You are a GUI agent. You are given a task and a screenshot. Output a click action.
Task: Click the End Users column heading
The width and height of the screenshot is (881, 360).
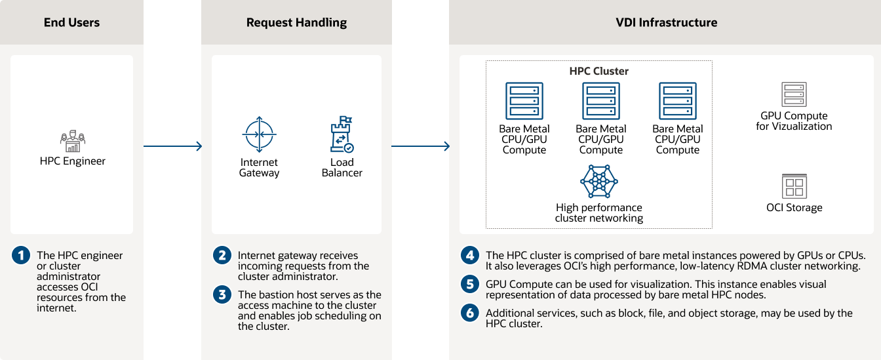click(71, 23)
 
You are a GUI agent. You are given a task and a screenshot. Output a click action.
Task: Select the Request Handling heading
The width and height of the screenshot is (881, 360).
click(296, 23)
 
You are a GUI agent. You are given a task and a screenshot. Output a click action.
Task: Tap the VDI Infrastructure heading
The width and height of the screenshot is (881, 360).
click(666, 23)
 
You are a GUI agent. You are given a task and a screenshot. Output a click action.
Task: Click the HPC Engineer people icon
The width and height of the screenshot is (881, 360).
click(72, 142)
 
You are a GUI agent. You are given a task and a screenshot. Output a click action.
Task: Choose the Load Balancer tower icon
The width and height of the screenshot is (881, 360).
click(342, 135)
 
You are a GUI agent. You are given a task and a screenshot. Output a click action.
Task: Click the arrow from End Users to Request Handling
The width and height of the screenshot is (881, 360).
click(172, 146)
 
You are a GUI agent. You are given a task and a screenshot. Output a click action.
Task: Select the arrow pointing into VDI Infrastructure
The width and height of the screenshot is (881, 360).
click(420, 146)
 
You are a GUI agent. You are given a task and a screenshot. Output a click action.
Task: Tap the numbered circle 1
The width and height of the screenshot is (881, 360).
click(21, 256)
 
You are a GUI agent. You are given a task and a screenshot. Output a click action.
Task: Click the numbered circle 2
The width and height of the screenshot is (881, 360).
click(223, 256)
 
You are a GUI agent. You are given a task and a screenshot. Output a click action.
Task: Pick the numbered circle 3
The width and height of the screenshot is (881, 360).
click(223, 295)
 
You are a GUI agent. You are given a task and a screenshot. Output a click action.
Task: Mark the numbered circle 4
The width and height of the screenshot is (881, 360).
click(469, 256)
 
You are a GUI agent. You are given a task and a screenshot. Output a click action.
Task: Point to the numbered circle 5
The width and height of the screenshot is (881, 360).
click(469, 285)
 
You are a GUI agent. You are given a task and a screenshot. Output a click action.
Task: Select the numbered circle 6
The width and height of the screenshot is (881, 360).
click(469, 313)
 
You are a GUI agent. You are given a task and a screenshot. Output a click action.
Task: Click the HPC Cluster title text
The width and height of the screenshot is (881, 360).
click(598, 71)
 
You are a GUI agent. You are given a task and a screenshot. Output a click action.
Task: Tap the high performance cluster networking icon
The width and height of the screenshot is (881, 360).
click(598, 181)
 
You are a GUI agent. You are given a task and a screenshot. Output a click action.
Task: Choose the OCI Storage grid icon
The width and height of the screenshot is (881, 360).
click(794, 186)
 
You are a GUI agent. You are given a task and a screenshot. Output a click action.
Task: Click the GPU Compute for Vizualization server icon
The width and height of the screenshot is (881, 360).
click(794, 94)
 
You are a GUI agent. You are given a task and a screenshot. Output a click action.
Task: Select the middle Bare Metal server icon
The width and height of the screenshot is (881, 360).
click(600, 101)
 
